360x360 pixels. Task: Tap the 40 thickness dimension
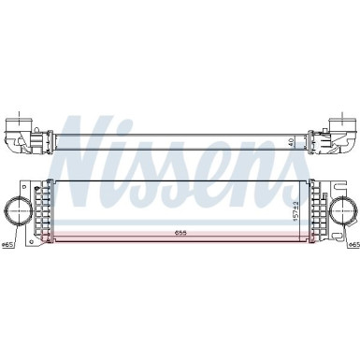tap(292, 141)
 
